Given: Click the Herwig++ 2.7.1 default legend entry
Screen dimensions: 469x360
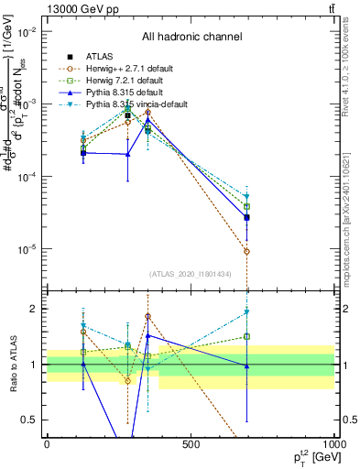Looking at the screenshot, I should [x=136, y=69].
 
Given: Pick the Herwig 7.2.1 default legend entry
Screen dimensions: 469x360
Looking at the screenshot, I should [x=133, y=82].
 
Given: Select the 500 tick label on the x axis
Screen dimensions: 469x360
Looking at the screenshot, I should [x=191, y=445].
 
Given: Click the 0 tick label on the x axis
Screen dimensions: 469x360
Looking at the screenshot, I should [x=47, y=445].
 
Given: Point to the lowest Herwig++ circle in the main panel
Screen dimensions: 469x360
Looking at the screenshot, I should [x=247, y=251].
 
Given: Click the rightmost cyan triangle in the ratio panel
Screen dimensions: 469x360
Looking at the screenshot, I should [x=247, y=312].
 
